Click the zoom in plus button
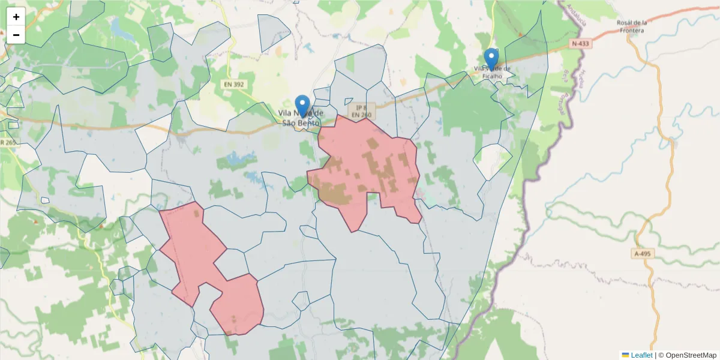pyautogui.click(x=16, y=17)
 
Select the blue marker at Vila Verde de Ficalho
pyautogui.click(x=491, y=59)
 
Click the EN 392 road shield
pyautogui.click(x=235, y=85)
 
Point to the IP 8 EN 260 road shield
pyautogui.click(x=361, y=110)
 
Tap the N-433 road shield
pyautogui.click(x=580, y=44)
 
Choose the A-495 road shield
pyautogui.click(x=643, y=254)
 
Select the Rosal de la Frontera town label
pyautogui.click(x=632, y=26)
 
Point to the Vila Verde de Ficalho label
pyautogui.click(x=493, y=72)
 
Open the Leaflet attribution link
pyautogui.click(x=641, y=355)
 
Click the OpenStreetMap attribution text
pyautogui.click(x=691, y=355)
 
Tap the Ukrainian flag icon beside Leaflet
pyautogui.click(x=625, y=355)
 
